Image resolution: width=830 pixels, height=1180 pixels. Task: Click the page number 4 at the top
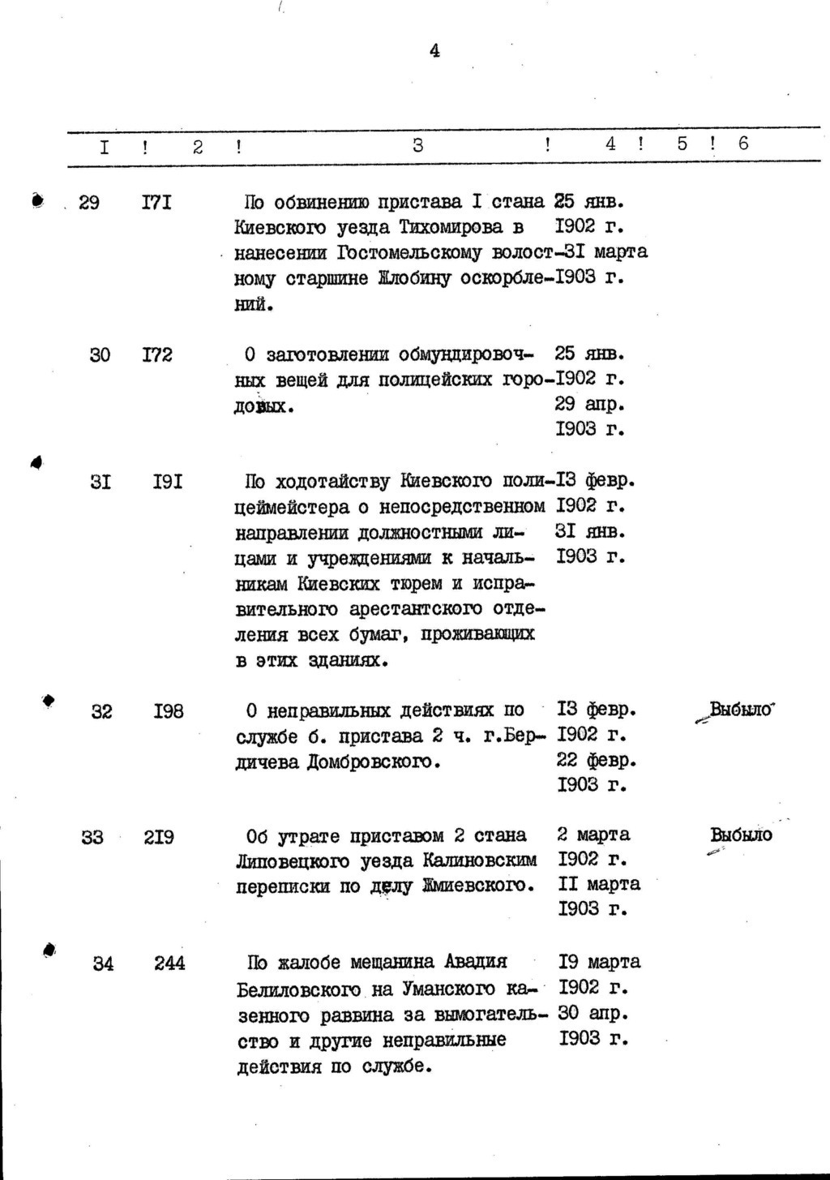tap(434, 51)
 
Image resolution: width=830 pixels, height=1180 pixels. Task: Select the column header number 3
tap(417, 145)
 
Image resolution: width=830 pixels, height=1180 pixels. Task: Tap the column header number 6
tap(743, 144)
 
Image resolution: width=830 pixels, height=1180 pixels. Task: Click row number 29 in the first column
tap(89, 202)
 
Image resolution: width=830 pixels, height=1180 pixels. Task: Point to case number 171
tap(156, 202)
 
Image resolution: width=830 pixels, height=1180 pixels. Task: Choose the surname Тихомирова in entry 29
tap(466, 227)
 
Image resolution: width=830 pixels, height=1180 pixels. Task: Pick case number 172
tap(157, 354)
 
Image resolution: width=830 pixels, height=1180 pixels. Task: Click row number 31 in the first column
tap(101, 482)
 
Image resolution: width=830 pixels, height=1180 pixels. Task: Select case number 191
tap(168, 482)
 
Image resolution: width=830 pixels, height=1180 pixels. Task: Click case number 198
tap(169, 712)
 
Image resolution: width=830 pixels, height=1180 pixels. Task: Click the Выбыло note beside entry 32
tap(742, 710)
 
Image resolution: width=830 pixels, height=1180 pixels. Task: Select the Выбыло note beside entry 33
tap(741, 835)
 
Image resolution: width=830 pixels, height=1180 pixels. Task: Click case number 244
tap(169, 963)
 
